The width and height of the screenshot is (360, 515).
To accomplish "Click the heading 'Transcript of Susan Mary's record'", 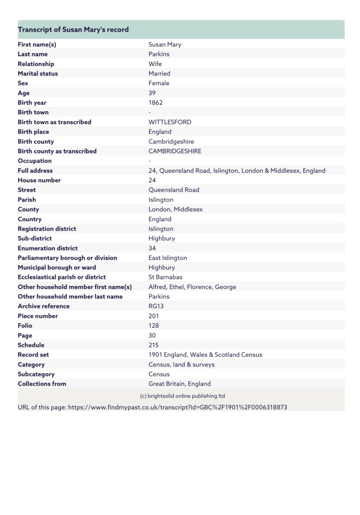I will coord(74,30).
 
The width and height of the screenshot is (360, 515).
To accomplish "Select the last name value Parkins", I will coord(159,54).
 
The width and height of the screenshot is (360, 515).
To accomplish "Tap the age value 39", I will coord(152,93).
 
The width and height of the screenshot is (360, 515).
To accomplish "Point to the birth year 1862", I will coord(156,103).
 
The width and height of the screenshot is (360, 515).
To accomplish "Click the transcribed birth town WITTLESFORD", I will coord(170,122).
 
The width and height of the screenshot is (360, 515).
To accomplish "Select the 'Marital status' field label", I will coord(38,73).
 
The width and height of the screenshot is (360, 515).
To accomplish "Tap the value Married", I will coord(159,73).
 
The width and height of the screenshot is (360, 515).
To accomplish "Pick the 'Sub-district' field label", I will coord(35,239).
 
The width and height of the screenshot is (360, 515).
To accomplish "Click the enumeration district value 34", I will coord(152,248).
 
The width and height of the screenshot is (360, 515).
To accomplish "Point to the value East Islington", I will coord(168,258).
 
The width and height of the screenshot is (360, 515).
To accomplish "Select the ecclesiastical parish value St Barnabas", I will coord(165,277).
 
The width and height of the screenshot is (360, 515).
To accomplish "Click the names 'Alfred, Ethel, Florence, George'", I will coord(192,287).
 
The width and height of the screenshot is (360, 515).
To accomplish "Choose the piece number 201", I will coord(154,316).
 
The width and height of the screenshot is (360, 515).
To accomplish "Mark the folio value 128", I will coord(154,326).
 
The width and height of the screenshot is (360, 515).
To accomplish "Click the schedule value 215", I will coord(154,345).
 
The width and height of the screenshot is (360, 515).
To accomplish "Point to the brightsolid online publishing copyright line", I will coord(182,396).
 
